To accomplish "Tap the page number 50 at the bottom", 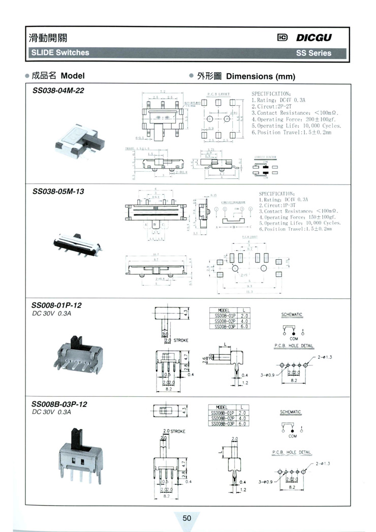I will pos(187,518).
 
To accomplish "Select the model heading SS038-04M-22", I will pos(58,90).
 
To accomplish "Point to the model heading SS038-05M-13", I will pos(58,192).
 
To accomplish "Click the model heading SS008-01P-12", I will pos(56,305).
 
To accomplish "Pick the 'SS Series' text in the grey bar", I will pos(313,53).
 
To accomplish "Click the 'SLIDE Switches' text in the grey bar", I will pos(60,52).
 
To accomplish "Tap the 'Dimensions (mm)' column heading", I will pos(260,77).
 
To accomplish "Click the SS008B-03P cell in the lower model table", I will pos(223,423).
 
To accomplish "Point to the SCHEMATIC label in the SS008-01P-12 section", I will pos(292,315).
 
